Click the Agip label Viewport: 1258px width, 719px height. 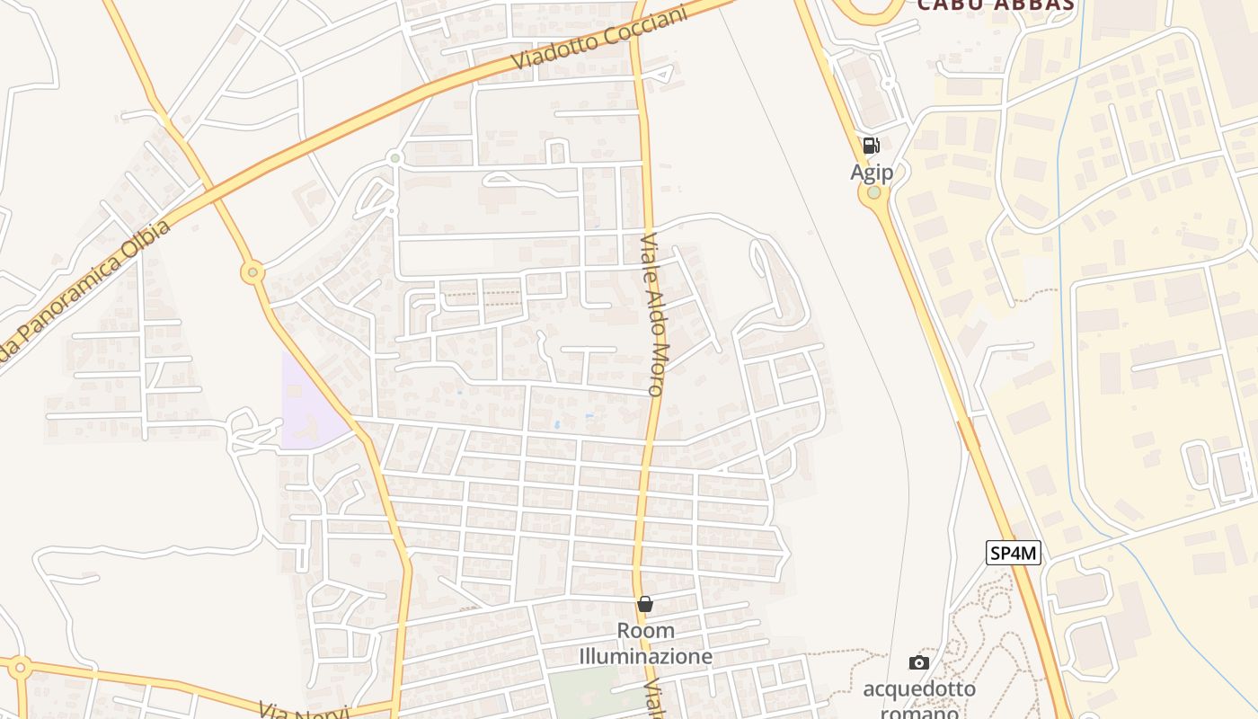pyautogui.click(x=872, y=172)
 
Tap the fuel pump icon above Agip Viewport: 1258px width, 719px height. pyautogui.click(x=871, y=146)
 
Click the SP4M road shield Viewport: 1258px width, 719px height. pyautogui.click(x=1014, y=553)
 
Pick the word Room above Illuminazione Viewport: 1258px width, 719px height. pyautogui.click(x=645, y=631)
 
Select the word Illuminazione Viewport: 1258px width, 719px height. pyautogui.click(x=645, y=657)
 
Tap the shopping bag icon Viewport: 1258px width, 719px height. pyautogui.click(x=645, y=604)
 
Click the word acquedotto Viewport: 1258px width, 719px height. pyautogui.click(x=918, y=689)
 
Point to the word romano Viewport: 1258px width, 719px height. pyautogui.click(x=918, y=713)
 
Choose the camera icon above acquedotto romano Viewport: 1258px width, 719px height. pyautogui.click(x=918, y=663)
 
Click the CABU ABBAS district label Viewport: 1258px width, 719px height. pyautogui.click(x=996, y=4)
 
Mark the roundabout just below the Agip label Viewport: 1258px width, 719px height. pyautogui.click(x=873, y=192)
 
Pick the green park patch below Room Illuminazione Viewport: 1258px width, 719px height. pyautogui.click(x=584, y=692)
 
